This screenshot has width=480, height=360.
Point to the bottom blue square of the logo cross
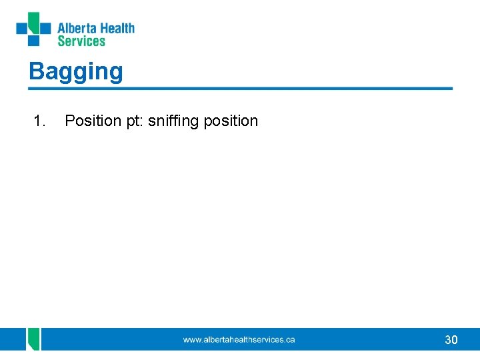pyautogui.click(x=33, y=41)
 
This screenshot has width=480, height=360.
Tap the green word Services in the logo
pyautogui.click(x=81, y=41)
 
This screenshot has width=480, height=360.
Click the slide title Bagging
pyautogui.click(x=76, y=71)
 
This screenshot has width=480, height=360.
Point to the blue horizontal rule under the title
pyautogui.click(x=240, y=88)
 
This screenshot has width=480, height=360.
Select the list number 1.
pyautogui.click(x=39, y=121)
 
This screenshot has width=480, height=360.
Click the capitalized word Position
pyautogui.click(x=91, y=121)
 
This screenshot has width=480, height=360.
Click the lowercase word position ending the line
pyautogui.click(x=231, y=121)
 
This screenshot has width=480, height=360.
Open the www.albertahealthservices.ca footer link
pyautogui.click(x=239, y=340)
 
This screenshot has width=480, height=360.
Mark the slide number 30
pyautogui.click(x=451, y=340)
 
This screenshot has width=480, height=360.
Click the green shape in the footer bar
pyautogui.click(x=33, y=339)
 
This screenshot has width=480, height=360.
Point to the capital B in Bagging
pyautogui.click(x=36, y=71)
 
